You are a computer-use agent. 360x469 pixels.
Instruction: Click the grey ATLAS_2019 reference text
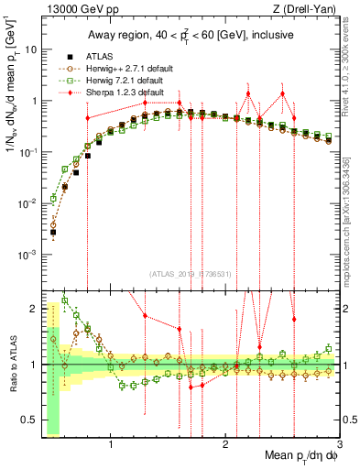click(191, 274)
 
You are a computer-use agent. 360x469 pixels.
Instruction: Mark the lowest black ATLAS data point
click(53, 233)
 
